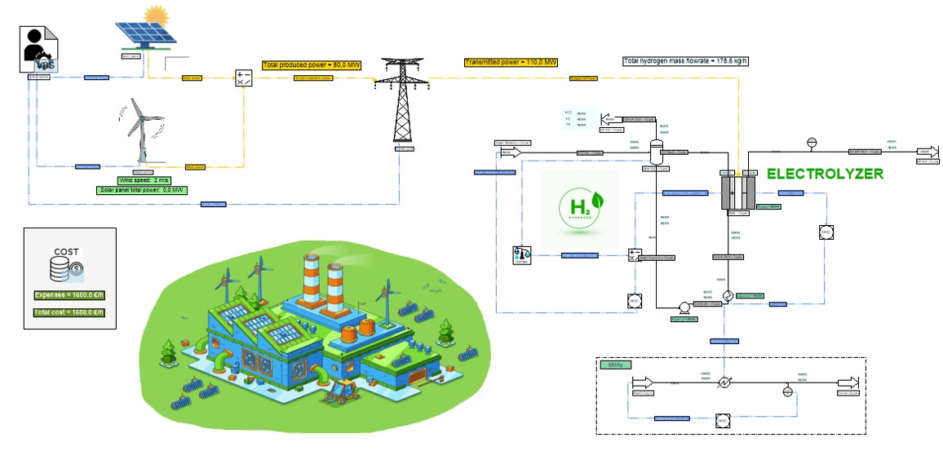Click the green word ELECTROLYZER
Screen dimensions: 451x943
[x=825, y=174]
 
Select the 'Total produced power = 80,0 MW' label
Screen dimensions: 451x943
[x=311, y=64]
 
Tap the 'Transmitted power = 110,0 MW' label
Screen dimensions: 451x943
[x=511, y=63]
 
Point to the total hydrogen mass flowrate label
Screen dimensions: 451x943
[x=685, y=61]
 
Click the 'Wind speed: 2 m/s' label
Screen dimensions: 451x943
[x=143, y=180]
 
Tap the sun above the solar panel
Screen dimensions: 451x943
[x=154, y=15]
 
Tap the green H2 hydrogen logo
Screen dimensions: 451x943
[x=579, y=209]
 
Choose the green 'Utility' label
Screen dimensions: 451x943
[x=618, y=365]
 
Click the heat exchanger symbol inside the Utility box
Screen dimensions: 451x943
[x=723, y=382]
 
